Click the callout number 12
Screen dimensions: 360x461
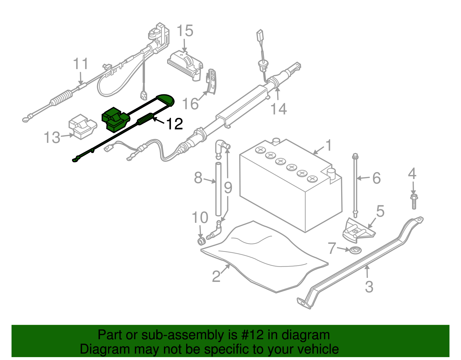coord(175,124)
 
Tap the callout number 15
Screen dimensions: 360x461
coord(185,31)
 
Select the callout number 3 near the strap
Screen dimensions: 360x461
coord(369,287)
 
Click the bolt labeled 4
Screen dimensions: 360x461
coord(414,201)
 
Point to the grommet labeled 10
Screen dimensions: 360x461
coord(201,241)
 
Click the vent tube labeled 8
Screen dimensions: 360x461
coord(218,189)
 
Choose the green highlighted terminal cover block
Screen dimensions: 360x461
coord(115,119)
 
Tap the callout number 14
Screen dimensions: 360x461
coord(279,109)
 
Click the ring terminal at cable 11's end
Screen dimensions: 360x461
coord(27,118)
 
